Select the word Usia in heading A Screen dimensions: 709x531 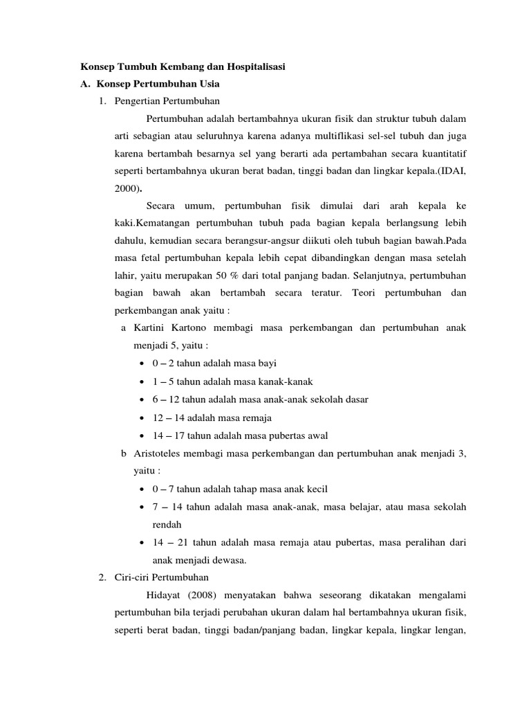coord(207,84)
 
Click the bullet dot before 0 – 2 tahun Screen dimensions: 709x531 coord(142,364)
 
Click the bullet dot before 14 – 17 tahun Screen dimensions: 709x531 coord(142,436)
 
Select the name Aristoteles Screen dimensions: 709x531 coord(160,454)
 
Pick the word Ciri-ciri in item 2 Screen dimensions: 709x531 coord(132,577)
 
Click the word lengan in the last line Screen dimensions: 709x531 coord(449,631)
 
